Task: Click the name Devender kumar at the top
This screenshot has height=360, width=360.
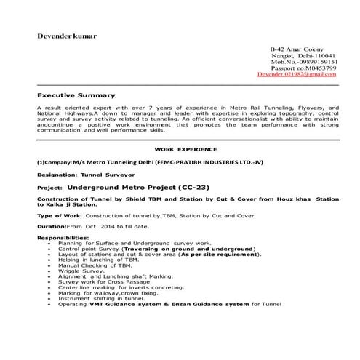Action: [68, 36]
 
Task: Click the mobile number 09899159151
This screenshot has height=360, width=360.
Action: [316, 62]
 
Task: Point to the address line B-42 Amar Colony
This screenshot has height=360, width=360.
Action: [297, 49]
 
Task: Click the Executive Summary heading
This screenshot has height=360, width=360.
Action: [76, 95]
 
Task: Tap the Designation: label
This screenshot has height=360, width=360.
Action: [60, 175]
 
